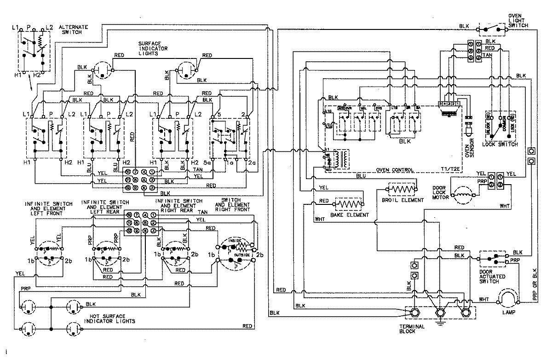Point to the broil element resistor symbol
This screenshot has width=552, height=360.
(402, 189)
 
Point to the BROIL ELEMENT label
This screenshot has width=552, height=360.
(396, 201)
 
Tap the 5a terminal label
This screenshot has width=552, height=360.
(208, 163)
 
